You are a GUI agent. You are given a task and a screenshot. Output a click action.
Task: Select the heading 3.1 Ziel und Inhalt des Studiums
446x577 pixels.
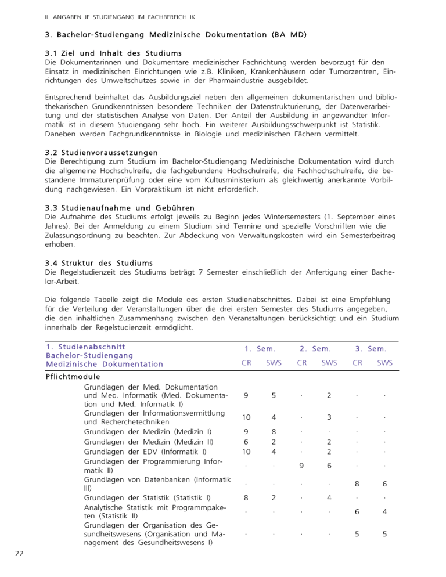pos(109,53)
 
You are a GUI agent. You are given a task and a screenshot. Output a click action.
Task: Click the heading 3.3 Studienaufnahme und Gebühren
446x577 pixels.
pos(120,207)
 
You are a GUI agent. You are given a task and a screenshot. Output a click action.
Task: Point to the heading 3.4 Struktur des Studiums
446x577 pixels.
pos(99,262)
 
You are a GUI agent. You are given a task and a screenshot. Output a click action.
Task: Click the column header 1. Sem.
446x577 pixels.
pos(259,349)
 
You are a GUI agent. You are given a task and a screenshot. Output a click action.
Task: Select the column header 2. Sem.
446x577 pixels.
pos(315,349)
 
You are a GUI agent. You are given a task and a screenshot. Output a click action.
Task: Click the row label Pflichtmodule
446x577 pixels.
pos(72,377)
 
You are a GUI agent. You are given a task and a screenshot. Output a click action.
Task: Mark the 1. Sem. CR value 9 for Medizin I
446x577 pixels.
pos(247,432)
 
